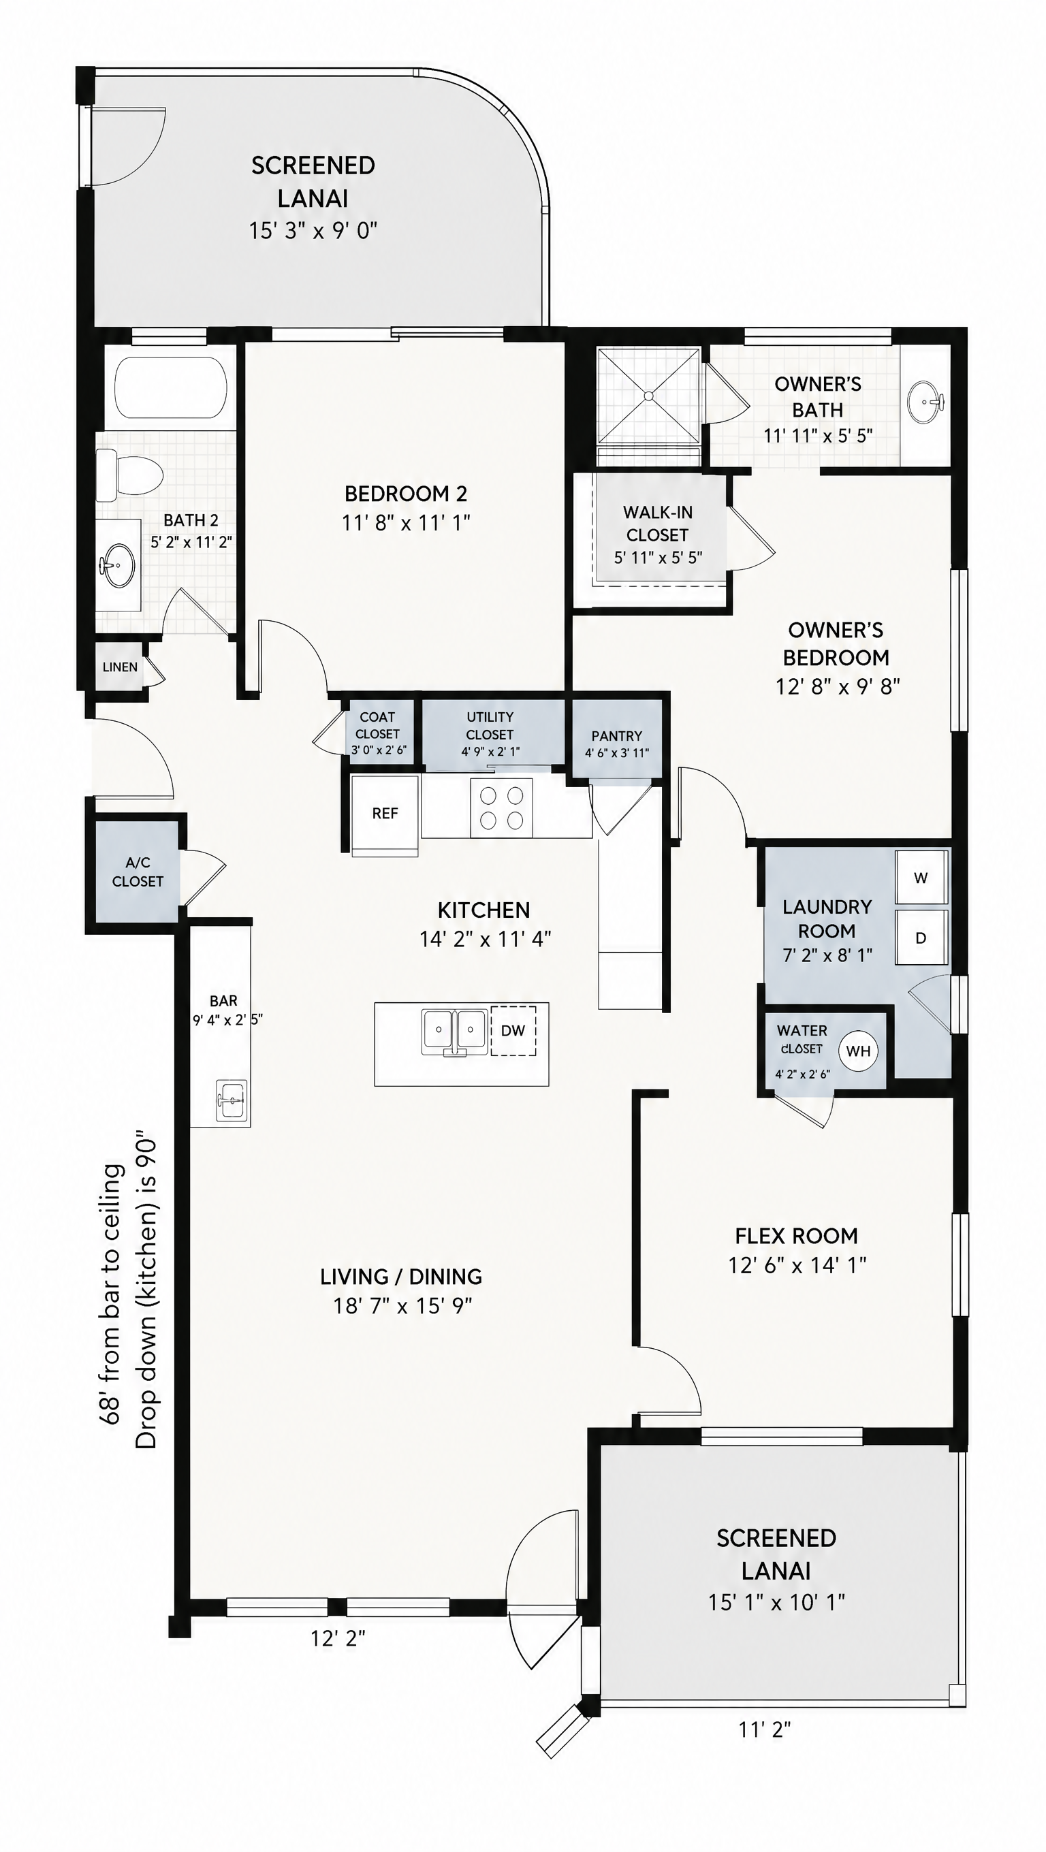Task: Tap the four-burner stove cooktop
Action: (501, 808)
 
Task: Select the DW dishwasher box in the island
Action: (513, 1030)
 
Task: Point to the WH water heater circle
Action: (858, 1051)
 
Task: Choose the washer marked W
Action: (921, 878)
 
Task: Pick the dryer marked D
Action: (921, 938)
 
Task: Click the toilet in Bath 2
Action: (129, 475)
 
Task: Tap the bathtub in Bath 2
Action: (171, 388)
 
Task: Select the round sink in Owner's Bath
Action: (925, 402)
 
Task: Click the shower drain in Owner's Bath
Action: (648, 396)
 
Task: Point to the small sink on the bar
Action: (232, 1100)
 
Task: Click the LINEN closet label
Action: (120, 667)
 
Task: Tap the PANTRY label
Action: (617, 736)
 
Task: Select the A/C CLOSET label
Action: (138, 872)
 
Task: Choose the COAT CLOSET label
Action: (377, 725)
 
